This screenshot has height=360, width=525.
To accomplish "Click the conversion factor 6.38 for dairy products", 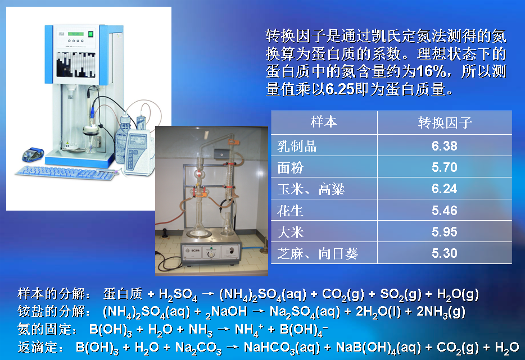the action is click(444, 146).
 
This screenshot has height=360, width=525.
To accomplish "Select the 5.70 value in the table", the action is click(444, 167).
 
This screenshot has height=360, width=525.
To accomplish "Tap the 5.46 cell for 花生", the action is click(444, 211).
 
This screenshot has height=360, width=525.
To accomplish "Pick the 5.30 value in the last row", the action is click(444, 253).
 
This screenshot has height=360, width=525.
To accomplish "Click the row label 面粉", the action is click(290, 167).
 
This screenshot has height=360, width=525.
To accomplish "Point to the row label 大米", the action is click(290, 232).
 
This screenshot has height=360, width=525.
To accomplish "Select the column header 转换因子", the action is click(445, 123).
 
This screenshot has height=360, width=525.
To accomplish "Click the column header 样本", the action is click(324, 122).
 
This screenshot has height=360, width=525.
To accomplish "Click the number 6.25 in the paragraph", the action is click(340, 89).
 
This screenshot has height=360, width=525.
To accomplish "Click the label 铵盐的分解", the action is click(52, 312).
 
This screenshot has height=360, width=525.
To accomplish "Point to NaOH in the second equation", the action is click(229, 312).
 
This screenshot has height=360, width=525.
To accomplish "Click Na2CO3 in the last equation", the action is click(198, 348).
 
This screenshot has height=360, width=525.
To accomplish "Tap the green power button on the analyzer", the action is click(90, 34).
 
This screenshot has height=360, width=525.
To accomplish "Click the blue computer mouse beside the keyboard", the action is click(33, 154).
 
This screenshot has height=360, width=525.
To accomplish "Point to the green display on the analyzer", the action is click(76, 34).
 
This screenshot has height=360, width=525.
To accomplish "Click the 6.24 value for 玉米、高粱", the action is click(444, 189).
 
